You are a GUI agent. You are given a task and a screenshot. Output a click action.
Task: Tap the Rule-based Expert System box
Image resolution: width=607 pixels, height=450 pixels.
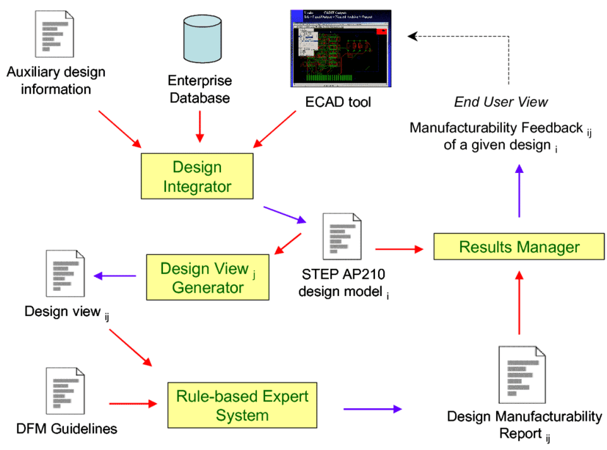[238, 405]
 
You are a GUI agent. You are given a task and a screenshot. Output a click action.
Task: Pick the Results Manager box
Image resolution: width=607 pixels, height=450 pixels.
[519, 247]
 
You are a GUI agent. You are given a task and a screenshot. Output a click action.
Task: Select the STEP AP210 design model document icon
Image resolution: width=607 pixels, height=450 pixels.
[343, 235]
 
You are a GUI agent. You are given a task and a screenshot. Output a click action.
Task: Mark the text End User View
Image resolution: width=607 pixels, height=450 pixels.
[501, 102]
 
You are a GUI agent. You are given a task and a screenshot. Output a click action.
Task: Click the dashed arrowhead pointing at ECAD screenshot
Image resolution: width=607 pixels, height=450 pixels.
[412, 35]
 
